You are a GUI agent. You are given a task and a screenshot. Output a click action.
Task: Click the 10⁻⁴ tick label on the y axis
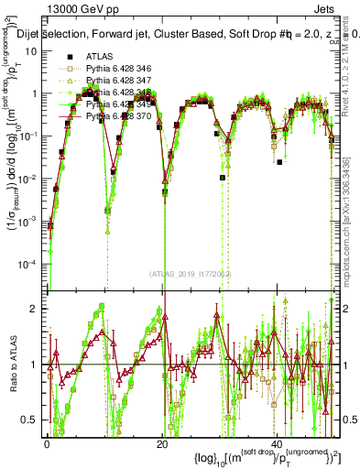coord(29,265)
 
